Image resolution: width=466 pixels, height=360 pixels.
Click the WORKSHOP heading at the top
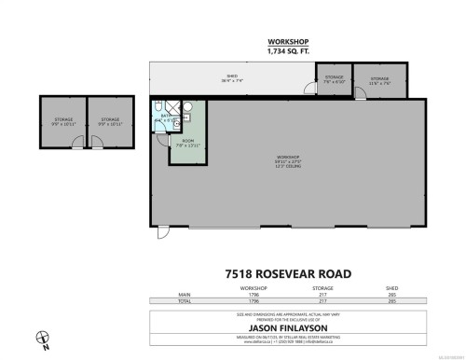click(287, 42)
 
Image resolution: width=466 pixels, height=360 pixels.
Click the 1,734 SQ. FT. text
click(287, 51)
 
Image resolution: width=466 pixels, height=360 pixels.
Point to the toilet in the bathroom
click(158, 105)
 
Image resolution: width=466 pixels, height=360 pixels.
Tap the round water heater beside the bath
click(187, 107)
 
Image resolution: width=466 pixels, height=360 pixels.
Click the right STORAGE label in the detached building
click(109, 119)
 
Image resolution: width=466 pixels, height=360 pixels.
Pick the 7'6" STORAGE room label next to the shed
click(335, 78)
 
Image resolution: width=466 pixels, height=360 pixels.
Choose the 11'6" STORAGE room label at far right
click(379, 79)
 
